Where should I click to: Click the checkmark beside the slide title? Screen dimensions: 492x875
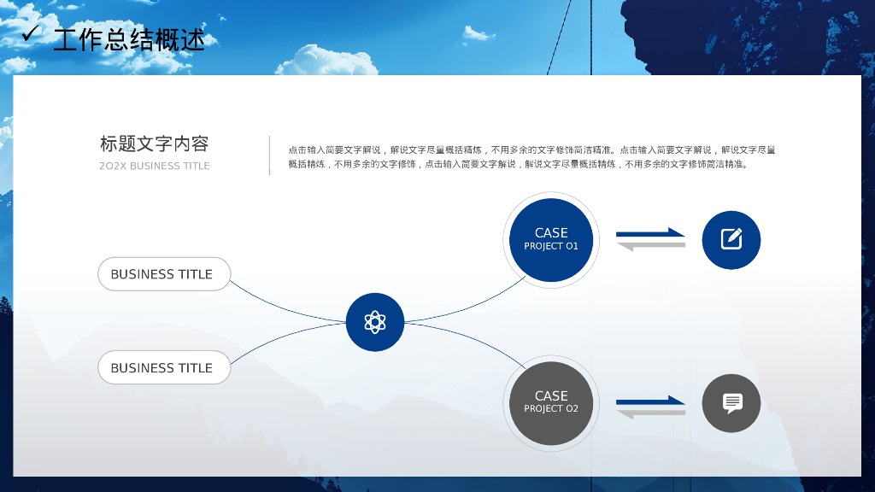click(x=31, y=33)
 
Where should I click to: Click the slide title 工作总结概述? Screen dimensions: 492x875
click(x=129, y=38)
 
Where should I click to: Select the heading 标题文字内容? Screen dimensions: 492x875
click(x=154, y=143)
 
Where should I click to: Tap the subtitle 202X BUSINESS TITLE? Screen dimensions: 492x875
click(x=154, y=166)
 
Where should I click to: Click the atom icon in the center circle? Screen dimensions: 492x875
click(x=375, y=322)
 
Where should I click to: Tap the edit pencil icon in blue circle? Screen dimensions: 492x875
click(x=731, y=239)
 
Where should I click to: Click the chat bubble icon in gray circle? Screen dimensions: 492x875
click(x=731, y=403)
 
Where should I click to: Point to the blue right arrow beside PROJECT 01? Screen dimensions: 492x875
click(x=651, y=232)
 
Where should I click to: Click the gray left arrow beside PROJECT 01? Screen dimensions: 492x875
click(x=651, y=246)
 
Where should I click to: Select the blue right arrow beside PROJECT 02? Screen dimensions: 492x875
click(x=651, y=400)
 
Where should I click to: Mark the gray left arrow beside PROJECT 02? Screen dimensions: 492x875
click(x=651, y=413)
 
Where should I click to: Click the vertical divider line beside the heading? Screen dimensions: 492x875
click(x=269, y=155)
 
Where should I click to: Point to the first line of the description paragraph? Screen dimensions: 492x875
click(x=531, y=149)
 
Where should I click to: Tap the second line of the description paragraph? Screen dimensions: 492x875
click(x=518, y=165)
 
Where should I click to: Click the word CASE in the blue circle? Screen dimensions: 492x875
click(x=551, y=232)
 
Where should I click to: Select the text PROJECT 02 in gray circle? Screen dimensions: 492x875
click(x=551, y=409)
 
